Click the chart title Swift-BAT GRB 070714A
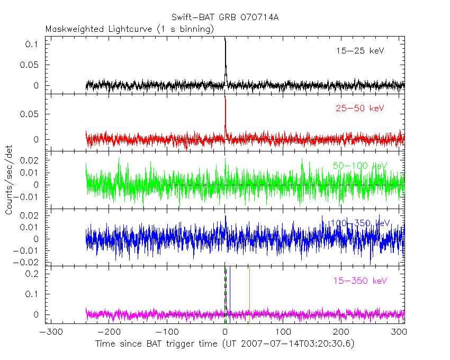pos(225,17)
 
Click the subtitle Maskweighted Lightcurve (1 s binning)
pos(130,29)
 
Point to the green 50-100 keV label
pos(361,166)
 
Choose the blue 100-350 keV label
pos(361,223)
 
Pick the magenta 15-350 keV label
pos(359,281)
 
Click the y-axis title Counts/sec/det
pos(9,180)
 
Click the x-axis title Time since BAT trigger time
pos(225,344)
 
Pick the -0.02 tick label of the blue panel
pos(30,262)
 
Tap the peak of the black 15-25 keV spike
pos(226,38)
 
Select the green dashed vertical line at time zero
pos(226,296)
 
